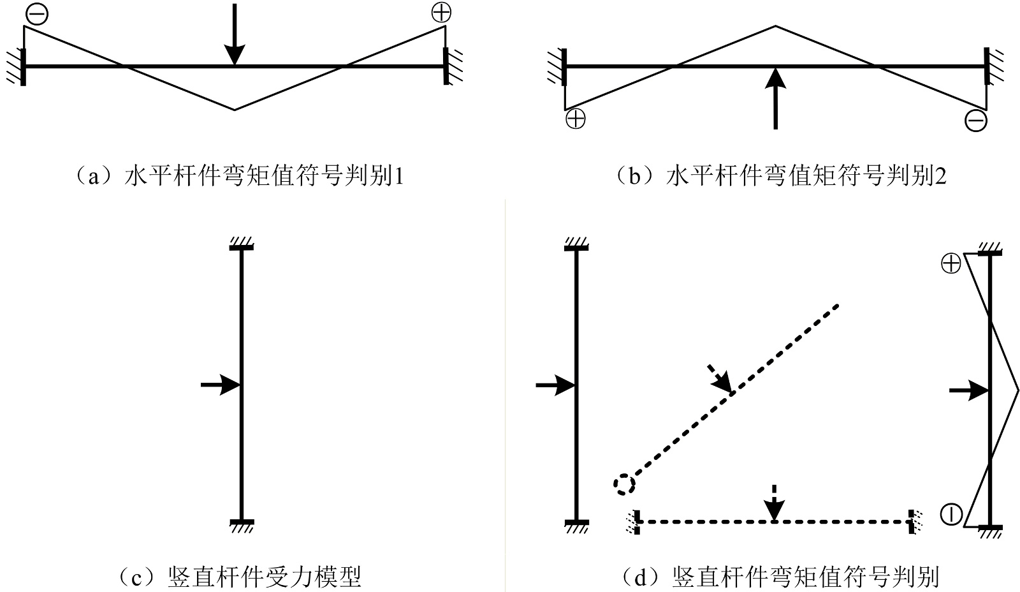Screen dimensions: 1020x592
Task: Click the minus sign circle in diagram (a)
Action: click(x=38, y=15)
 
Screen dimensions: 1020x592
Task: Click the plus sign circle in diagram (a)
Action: click(x=441, y=13)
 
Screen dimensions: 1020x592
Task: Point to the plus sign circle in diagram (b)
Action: click(x=576, y=119)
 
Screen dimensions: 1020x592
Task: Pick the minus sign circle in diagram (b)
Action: click(x=976, y=121)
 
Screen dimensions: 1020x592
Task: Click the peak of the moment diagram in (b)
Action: click(x=775, y=26)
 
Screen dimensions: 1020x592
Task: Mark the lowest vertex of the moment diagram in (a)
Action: click(x=235, y=110)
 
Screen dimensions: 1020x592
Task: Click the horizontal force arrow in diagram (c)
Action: click(x=220, y=385)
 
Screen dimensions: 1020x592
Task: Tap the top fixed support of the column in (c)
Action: click(x=242, y=246)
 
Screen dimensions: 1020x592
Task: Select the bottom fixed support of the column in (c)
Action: click(x=242, y=524)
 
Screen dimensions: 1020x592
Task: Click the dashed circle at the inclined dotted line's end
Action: click(x=624, y=484)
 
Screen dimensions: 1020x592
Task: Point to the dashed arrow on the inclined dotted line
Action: click(x=721, y=379)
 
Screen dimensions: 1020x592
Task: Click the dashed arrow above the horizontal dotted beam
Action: click(x=774, y=503)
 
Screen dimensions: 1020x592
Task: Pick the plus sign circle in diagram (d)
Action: click(x=951, y=263)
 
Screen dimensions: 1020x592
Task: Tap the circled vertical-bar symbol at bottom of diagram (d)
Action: click(x=951, y=514)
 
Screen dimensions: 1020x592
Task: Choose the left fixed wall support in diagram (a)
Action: click(x=19, y=66)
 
